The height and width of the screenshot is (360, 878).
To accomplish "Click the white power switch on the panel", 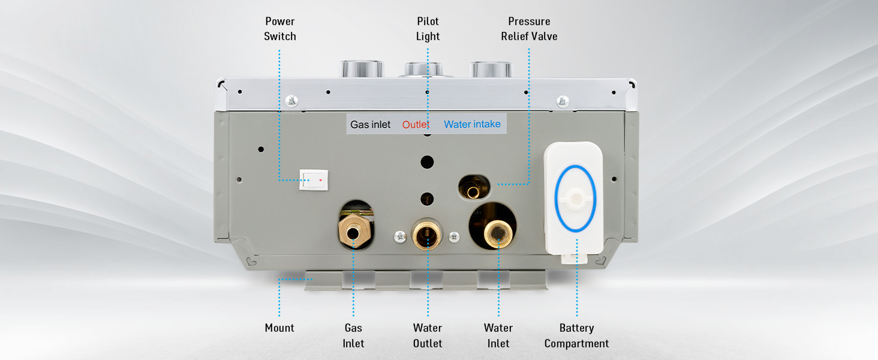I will tap(314, 179).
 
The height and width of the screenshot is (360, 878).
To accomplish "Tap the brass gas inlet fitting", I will tap(353, 230).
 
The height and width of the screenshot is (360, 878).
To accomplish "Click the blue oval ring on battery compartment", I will tap(576, 199).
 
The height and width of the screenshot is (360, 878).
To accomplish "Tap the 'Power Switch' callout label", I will tap(280, 29).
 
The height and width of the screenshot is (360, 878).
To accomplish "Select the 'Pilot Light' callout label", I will tap(428, 29).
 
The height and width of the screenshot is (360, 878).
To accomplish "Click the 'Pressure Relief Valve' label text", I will tap(529, 29).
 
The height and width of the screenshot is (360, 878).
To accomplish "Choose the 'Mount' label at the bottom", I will tap(279, 328).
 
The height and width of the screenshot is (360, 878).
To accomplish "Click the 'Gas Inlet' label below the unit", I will tap(353, 335).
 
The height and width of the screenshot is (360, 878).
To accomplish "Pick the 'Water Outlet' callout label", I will tap(428, 335).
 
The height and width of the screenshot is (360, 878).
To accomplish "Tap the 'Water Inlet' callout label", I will tap(498, 335).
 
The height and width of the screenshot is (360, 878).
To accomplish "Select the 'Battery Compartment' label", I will tap(576, 335).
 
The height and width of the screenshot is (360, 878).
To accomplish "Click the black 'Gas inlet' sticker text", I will tap(371, 125).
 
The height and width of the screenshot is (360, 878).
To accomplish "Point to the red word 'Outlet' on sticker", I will tap(416, 125).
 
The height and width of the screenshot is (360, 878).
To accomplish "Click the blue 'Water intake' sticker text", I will tap(472, 124).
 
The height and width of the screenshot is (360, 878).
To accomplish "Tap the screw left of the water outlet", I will tap(401, 237).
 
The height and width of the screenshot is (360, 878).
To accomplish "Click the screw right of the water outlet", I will tap(455, 237).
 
